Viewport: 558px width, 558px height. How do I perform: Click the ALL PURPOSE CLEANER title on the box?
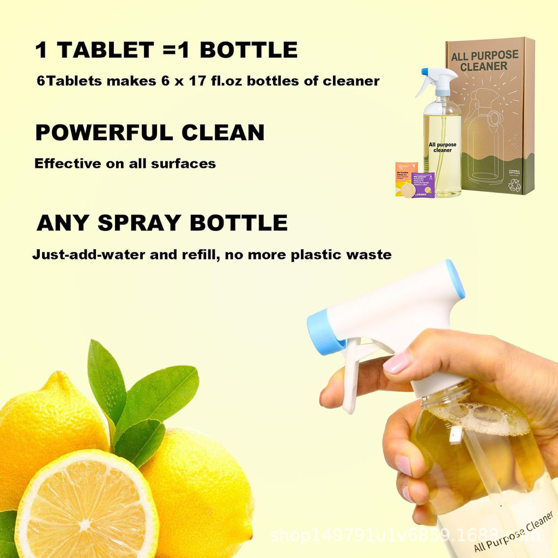[x=485, y=61]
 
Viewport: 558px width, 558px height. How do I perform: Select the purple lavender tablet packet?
[x=423, y=184]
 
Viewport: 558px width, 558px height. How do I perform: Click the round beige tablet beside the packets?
[x=408, y=190]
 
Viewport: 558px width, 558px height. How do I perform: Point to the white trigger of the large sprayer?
[x=350, y=376]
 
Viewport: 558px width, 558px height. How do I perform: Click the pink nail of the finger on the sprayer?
[x=397, y=362]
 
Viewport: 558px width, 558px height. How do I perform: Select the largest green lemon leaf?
[x=158, y=392]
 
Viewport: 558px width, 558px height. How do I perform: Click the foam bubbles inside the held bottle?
[x=480, y=420]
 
